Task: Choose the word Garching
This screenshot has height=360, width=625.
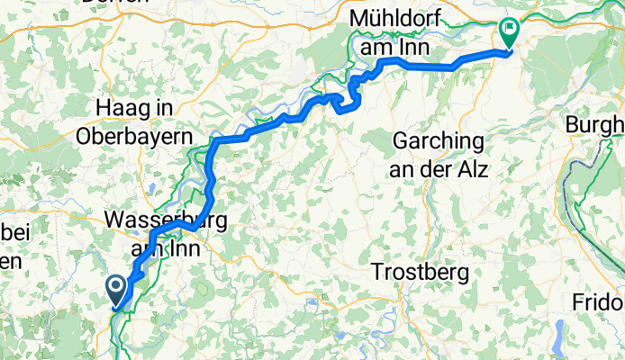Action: (x=439, y=142)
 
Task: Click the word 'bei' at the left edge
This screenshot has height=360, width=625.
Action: (x=15, y=234)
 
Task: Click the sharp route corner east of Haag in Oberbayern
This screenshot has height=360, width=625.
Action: (x=215, y=140)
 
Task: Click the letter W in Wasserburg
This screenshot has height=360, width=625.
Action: (x=114, y=220)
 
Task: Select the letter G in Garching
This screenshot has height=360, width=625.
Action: (x=400, y=142)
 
